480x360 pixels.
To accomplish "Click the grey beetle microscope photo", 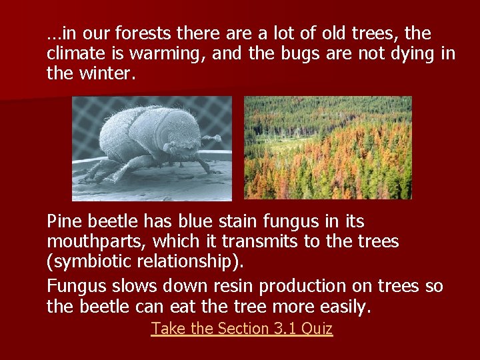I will point(151,148).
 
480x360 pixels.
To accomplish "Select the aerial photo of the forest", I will point(327,147).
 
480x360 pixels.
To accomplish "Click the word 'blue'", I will point(203,221).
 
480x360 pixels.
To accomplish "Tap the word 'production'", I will point(308,287).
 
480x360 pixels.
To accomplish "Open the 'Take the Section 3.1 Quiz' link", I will point(241,328).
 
